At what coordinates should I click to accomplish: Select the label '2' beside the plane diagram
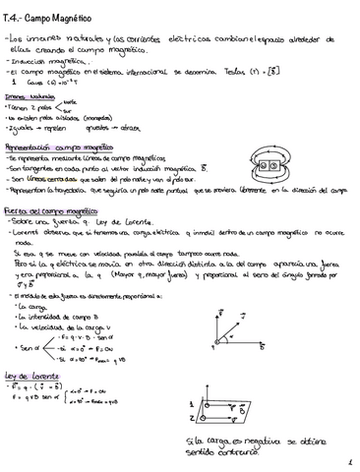pos(191,417)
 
